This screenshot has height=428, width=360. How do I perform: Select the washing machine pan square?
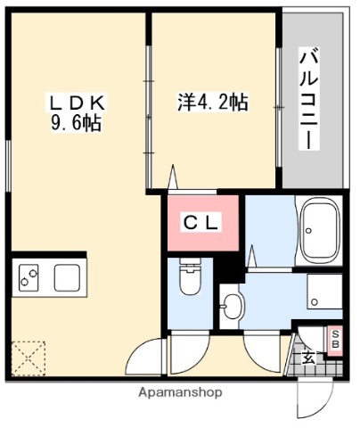pos(323,291)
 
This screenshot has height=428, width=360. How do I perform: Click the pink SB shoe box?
pos(335,339)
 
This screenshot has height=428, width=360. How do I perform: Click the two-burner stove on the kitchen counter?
pos(27,278)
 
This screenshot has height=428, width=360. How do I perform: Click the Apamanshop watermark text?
pos(179,392)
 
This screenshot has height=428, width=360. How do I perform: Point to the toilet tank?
pos(189,267)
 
